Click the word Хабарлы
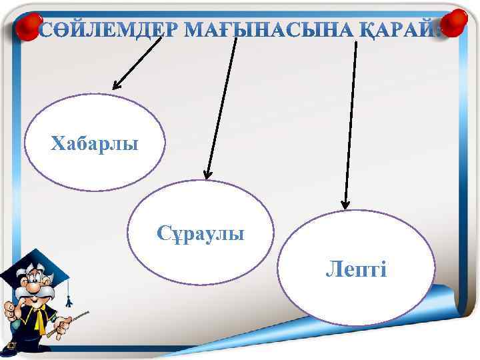click(95, 143)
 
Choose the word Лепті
click(356, 269)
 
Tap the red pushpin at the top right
click(456, 23)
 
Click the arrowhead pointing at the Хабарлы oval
click(117, 85)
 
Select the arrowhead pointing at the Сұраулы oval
click(208, 175)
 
